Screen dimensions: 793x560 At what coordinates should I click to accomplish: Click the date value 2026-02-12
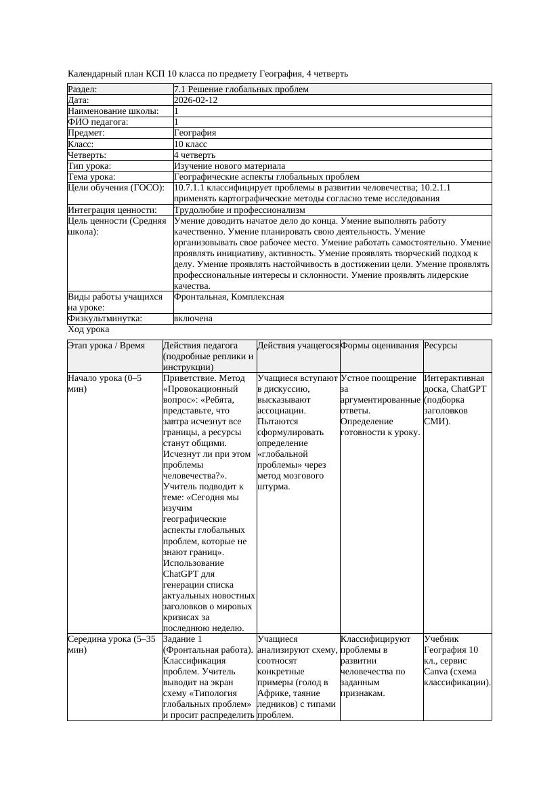196,100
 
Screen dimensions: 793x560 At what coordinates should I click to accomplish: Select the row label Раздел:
83,89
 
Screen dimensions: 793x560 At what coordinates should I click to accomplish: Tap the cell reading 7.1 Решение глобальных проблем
241,89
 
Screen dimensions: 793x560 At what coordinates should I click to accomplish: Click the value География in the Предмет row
195,133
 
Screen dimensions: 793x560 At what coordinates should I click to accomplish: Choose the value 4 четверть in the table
194,155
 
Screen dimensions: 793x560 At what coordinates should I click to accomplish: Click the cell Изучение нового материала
230,166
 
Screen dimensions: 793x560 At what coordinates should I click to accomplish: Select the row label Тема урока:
91,177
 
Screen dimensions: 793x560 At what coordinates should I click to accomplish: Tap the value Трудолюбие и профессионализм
240,210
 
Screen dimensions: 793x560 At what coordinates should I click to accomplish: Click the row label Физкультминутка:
99,319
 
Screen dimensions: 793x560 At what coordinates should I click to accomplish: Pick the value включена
193,319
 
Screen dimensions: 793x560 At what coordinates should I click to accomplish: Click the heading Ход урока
89,329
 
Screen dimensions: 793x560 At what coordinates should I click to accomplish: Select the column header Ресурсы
440,346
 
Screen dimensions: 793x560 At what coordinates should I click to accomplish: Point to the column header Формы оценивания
380,346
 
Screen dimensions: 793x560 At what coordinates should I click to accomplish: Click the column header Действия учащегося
298,346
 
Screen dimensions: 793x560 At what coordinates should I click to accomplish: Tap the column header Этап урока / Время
106,346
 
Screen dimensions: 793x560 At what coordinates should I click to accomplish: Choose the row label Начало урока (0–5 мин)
105,384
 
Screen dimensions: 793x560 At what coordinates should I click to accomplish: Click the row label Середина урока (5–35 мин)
112,644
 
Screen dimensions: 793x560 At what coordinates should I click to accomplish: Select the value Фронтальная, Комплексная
229,297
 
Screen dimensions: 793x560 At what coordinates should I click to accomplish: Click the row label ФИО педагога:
98,122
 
